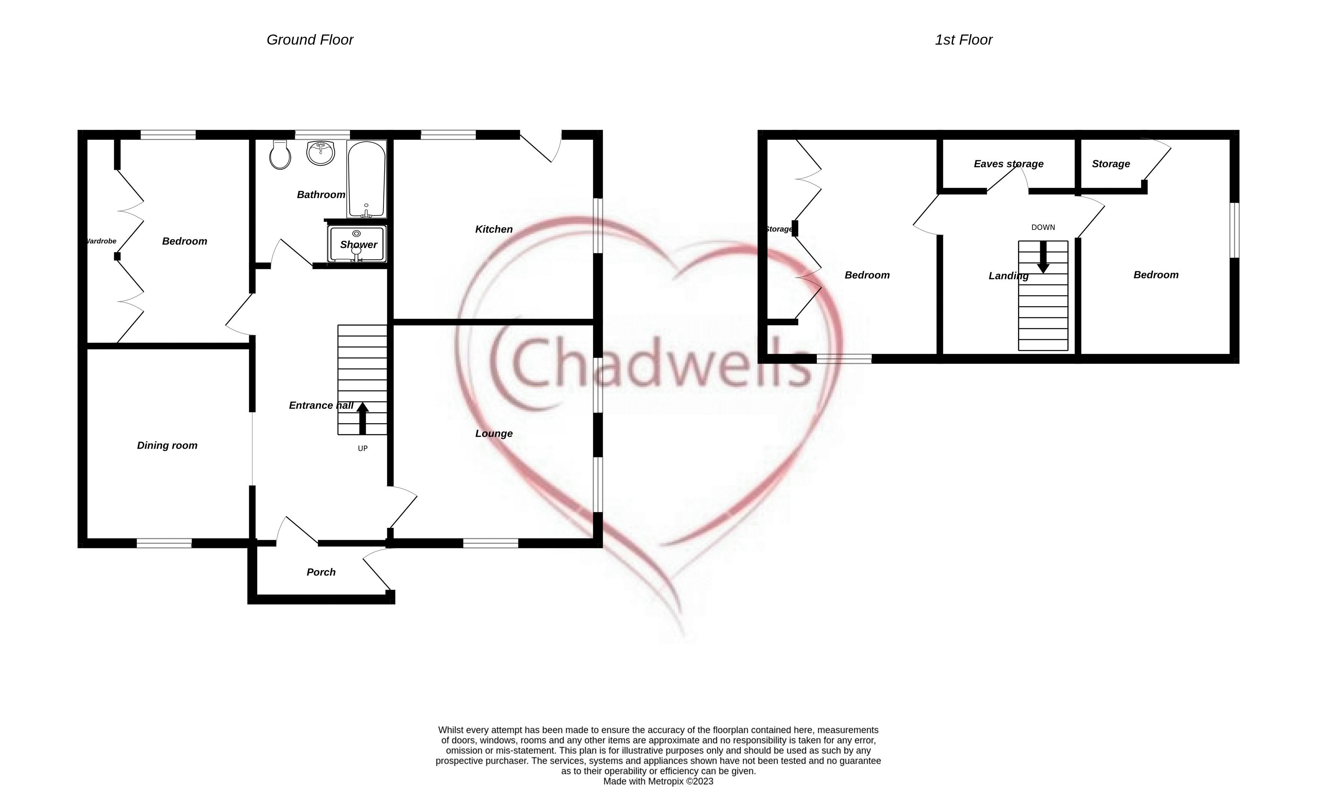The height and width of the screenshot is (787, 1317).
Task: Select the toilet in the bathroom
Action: [280, 155]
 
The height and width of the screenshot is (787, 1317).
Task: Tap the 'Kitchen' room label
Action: [494, 229]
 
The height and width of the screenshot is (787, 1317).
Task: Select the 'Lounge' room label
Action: [494, 433]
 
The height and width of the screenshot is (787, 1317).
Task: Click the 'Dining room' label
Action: [167, 446]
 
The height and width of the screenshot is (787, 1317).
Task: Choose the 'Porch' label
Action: [321, 572]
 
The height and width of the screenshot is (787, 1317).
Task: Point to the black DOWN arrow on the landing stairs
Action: [1043, 257]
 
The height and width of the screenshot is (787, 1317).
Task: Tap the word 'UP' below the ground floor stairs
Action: [362, 449]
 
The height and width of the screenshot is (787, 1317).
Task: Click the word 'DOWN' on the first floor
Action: [1043, 227]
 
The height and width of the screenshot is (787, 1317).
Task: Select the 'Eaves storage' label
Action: [1009, 164]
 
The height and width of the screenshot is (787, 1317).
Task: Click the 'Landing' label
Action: [1009, 276]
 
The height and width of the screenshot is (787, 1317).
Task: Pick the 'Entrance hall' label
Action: [321, 405]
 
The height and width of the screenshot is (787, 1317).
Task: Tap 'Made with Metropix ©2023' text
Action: [658, 781]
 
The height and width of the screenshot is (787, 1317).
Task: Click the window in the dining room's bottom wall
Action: [164, 543]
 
